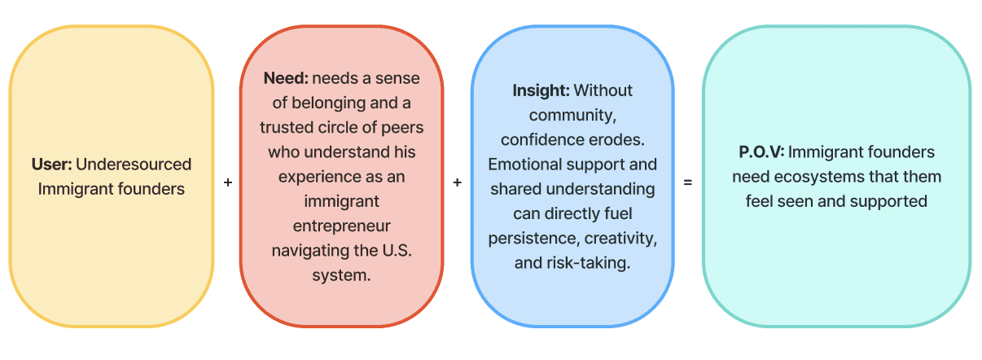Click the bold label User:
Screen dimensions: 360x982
pyautogui.click(x=51, y=165)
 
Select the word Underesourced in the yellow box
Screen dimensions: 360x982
pyautogui.click(x=134, y=165)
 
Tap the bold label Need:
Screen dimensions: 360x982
pyautogui.click(x=286, y=79)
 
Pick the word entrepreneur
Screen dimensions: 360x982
pyautogui.click(x=342, y=225)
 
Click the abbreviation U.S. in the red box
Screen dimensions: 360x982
pyautogui.click(x=395, y=249)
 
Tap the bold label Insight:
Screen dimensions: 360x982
pyautogui.click(x=541, y=90)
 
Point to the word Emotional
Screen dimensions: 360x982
pyautogui.click(x=521, y=165)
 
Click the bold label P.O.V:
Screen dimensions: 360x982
pyautogui.click(x=761, y=152)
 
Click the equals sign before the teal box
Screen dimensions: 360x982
pyautogui.click(x=688, y=182)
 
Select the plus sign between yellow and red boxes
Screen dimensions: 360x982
pyautogui.click(x=227, y=182)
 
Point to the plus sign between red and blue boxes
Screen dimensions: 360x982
pyautogui.click(x=458, y=182)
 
